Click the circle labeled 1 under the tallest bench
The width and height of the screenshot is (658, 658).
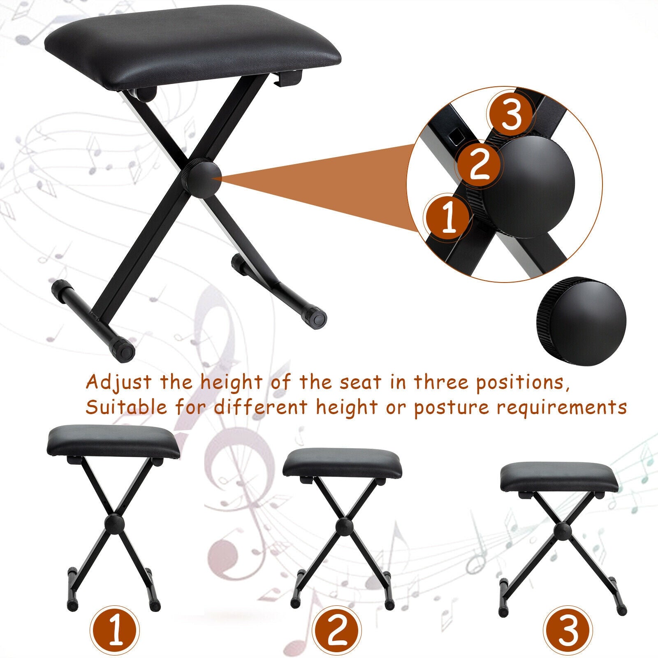(115, 630)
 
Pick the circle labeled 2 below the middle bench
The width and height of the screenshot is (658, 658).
(337, 630)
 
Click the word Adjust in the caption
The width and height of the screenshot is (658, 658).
(118, 383)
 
